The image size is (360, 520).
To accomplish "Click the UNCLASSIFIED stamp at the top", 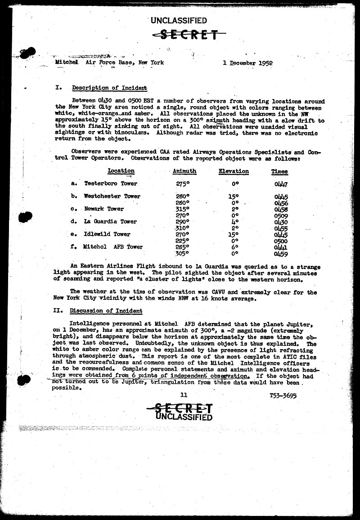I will coord(179,20).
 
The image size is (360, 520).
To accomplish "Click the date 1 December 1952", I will coord(247,63).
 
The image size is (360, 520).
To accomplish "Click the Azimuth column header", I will coord(184,171).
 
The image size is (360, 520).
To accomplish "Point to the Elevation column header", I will coord(234,171).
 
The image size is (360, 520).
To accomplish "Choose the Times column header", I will coord(280,171).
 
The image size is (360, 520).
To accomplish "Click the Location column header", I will coord(121,171).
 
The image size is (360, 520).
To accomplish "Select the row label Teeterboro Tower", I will coord(111,184).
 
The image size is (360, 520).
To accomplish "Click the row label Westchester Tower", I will coord(112,196).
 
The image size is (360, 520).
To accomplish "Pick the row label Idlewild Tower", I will coord(107,234).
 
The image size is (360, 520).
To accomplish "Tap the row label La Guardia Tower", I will coord(110,221).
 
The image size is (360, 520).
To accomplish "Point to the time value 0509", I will coord(281,215).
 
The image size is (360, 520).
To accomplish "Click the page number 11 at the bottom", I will coord(183,395).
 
